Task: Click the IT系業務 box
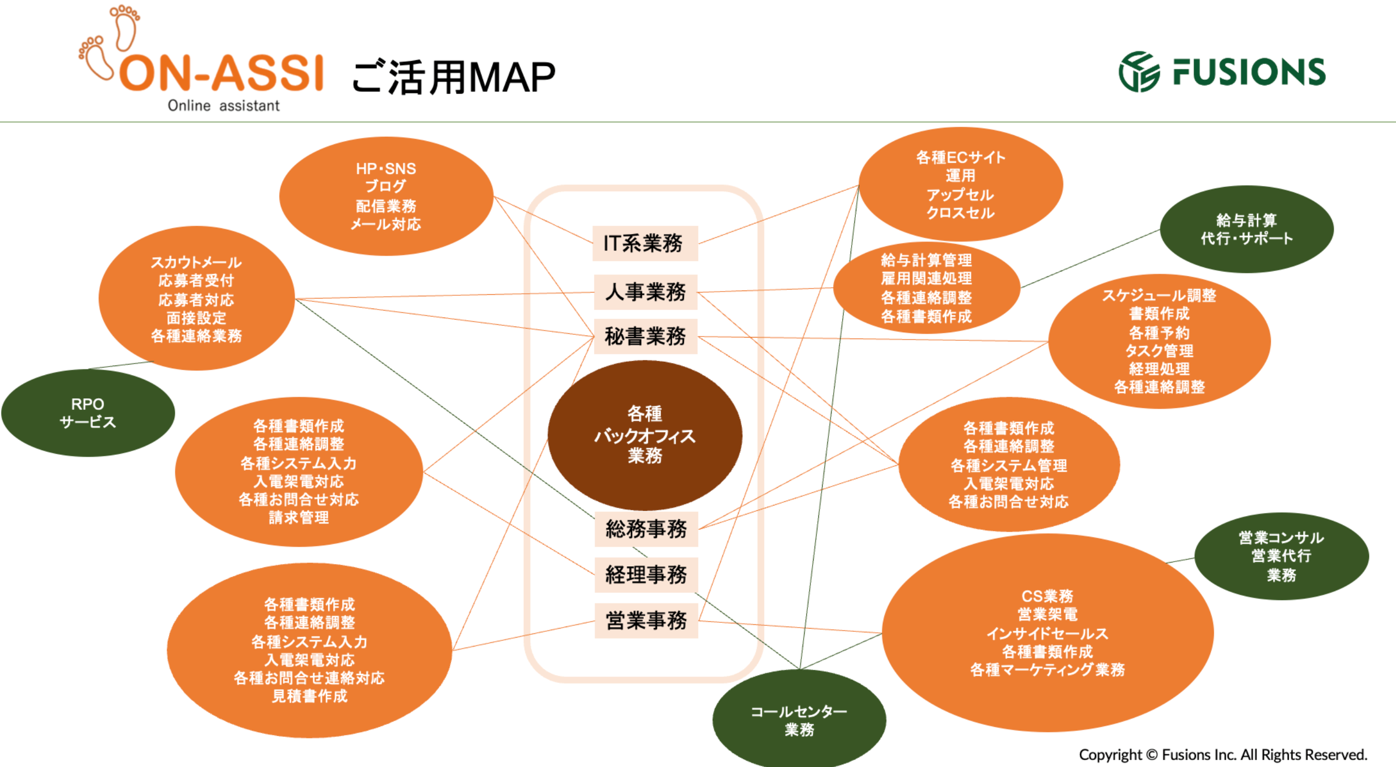coord(644,244)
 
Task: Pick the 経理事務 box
coord(645,575)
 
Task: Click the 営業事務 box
coord(645,621)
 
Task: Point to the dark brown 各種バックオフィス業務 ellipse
coord(644,435)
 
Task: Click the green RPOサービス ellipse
coord(88,413)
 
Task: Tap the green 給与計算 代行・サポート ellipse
coord(1247,229)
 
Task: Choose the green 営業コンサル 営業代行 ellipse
coord(1281,556)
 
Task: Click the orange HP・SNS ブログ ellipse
coord(386,196)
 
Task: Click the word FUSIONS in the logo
coord(1249,72)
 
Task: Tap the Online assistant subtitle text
coord(223,106)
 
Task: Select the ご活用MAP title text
coord(454,78)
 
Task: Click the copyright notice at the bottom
coord(1223,754)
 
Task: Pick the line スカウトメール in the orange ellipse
coord(196,263)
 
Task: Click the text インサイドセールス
coord(1047,633)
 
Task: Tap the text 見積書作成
coord(309,696)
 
